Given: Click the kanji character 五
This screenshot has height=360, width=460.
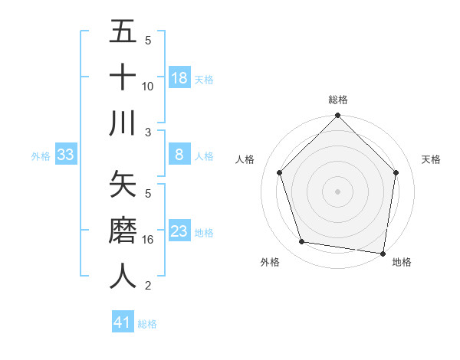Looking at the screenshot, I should pyautogui.click(x=123, y=33).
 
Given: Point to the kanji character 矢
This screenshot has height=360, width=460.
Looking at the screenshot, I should pyautogui.click(x=123, y=184).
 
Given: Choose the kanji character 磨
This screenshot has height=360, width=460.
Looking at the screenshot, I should pyautogui.click(x=123, y=231).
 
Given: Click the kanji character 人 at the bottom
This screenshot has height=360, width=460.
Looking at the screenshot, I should pyautogui.click(x=123, y=276).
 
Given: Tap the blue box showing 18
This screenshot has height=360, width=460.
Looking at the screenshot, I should pyautogui.click(x=179, y=78).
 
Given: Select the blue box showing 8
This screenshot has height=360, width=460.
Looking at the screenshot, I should pyautogui.click(x=179, y=155).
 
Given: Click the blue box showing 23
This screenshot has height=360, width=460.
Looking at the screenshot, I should pyautogui.click(x=179, y=231).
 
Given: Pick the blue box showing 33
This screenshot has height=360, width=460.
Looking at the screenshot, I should pyautogui.click(x=65, y=155).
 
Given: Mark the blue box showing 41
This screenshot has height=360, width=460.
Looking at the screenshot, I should pyautogui.click(x=123, y=322).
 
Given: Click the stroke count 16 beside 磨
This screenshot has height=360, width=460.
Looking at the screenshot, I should pyautogui.click(x=148, y=240).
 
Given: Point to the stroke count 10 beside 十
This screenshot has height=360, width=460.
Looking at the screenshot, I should pyautogui.click(x=148, y=87).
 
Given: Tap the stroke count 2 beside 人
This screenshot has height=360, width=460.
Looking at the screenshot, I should pyautogui.click(x=148, y=286).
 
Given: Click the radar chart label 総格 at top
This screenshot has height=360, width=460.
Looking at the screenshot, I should pyautogui.click(x=338, y=100).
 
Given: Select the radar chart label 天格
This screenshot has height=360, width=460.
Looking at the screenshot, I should pyautogui.click(x=431, y=159).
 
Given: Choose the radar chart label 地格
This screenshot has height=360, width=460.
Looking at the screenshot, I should pyautogui.click(x=402, y=262).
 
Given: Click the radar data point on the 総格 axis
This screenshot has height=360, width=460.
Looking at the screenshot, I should pyautogui.click(x=337, y=117).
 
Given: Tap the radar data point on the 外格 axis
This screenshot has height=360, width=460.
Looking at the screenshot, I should pyautogui.click(x=302, y=242).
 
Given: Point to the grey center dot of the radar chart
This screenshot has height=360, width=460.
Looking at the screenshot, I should pyautogui.click(x=337, y=191).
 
